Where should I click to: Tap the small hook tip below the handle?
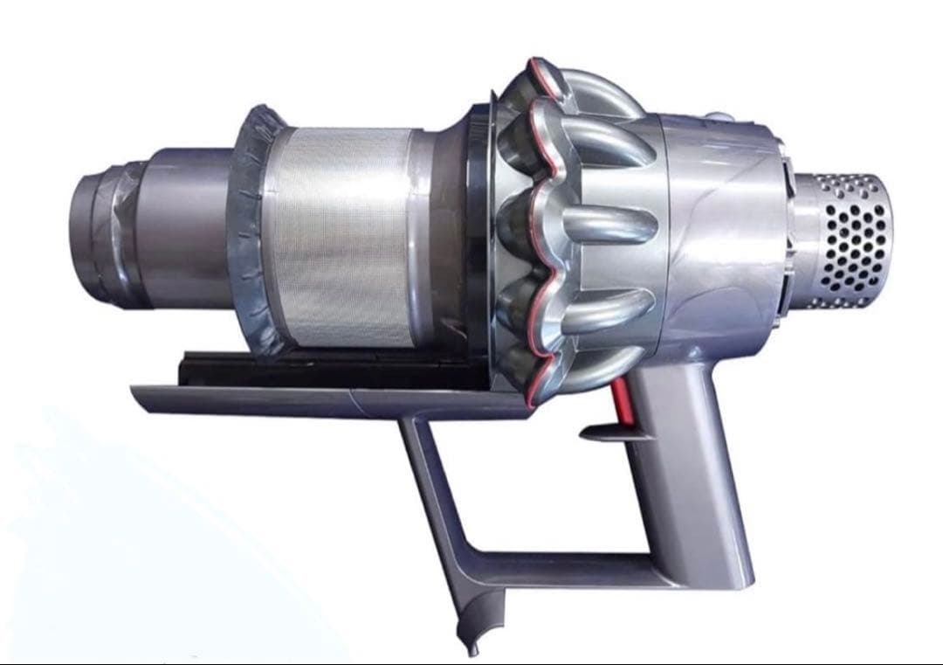(471, 648)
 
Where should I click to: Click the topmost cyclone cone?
(559, 87)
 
